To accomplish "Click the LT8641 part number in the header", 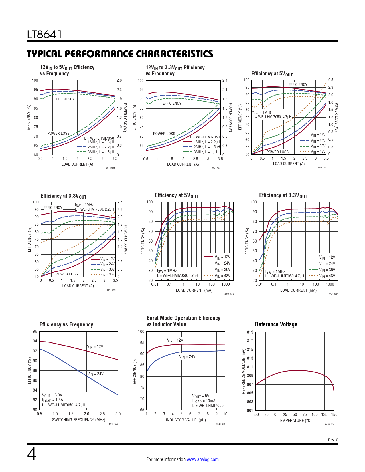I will pos(44,35).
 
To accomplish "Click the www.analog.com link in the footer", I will pos(202,459).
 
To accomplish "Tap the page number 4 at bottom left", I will pos(32,454).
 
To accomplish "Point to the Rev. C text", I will pos(333,440).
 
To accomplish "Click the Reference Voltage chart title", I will pos(276,324).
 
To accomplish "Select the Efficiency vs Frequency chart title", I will pos(66,324).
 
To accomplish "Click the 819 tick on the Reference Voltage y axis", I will pos(250,332).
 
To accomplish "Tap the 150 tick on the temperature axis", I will pos(334,415).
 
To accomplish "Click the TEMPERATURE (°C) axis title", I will pos(295,421).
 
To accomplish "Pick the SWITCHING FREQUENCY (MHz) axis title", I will pos(78,420).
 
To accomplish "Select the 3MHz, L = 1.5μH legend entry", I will pos(101,152).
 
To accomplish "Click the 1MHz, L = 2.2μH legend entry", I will pos(207,142).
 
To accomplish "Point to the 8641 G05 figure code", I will pos(229,294).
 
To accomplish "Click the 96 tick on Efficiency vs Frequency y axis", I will pos(35,331).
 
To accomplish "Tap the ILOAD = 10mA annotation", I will pos(204,401).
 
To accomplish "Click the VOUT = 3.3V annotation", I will pos(52,395).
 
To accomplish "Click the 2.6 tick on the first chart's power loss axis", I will pos(119,80).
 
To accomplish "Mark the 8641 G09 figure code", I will pos(330,425).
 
